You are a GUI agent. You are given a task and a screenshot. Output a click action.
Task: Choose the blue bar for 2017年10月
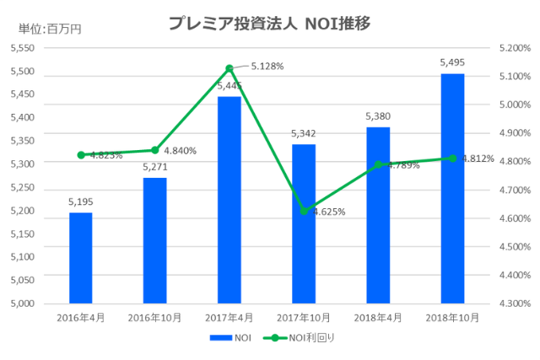pyautogui.click(x=304, y=223)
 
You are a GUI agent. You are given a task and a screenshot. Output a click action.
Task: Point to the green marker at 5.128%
pyautogui.click(x=229, y=67)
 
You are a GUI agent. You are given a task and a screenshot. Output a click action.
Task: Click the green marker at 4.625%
pyautogui.click(x=304, y=211)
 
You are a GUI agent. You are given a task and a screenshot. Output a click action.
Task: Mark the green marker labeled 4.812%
pyautogui.click(x=453, y=158)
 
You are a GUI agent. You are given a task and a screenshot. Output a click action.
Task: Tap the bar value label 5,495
pyautogui.click(x=452, y=62)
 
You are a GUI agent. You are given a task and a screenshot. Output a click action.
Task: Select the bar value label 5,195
pyautogui.click(x=80, y=201)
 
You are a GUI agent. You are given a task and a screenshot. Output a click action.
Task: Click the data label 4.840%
pyautogui.click(x=180, y=151)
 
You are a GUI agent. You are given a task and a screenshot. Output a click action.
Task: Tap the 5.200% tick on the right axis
pyautogui.click(x=514, y=48)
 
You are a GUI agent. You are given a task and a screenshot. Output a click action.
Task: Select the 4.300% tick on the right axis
pyautogui.click(x=514, y=303)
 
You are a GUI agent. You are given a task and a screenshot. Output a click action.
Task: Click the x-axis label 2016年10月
pyautogui.click(x=155, y=317)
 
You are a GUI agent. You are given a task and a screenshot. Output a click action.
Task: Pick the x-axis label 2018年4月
pyautogui.click(x=378, y=317)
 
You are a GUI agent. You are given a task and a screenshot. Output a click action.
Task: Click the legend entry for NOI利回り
pyautogui.click(x=301, y=338)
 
